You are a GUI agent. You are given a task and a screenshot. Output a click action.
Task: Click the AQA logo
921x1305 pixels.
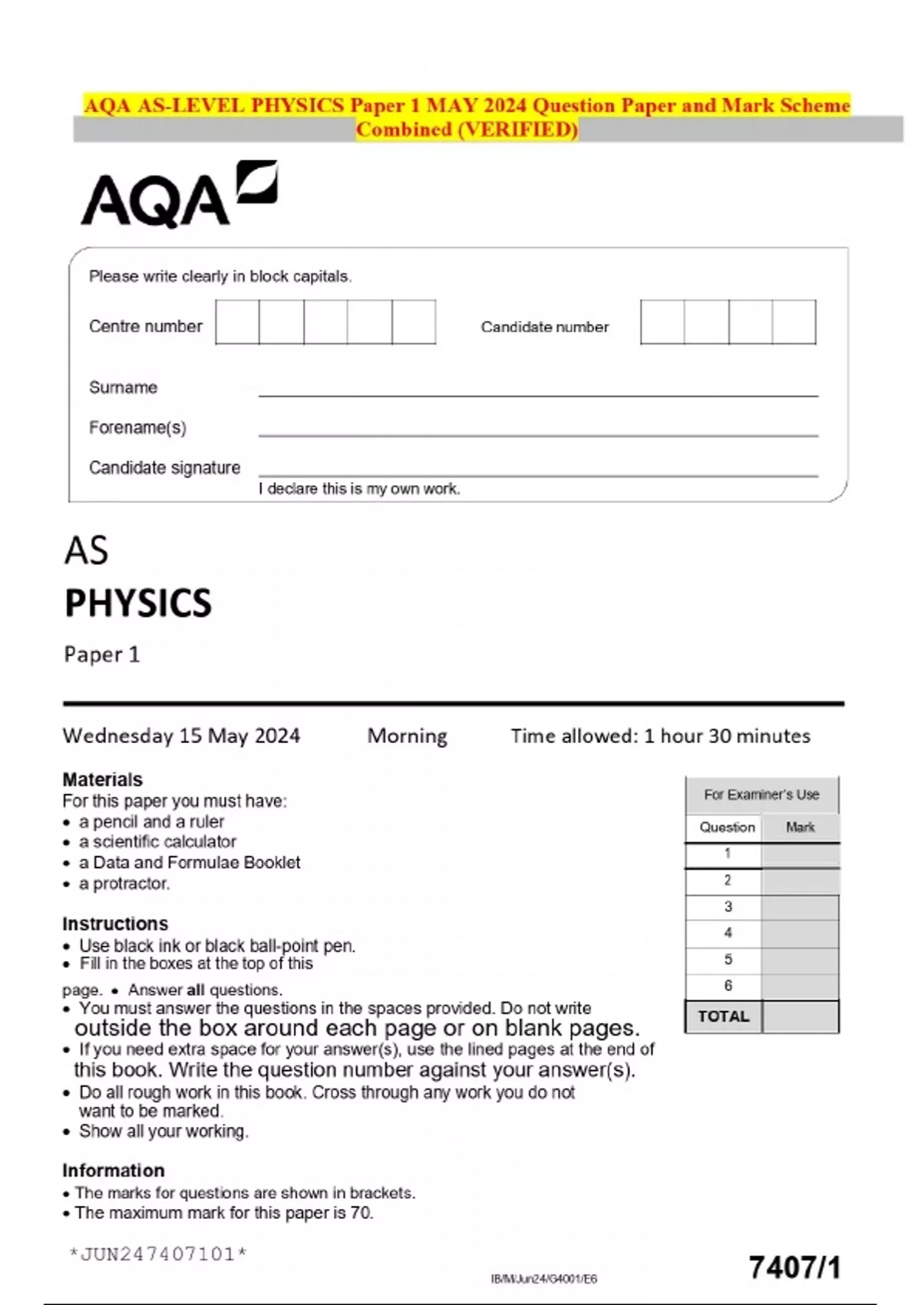(x=178, y=195)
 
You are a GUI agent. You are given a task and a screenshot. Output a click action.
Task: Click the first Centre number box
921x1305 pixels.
(x=237, y=322)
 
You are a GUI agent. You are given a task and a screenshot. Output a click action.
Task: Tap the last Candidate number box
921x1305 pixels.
(x=794, y=322)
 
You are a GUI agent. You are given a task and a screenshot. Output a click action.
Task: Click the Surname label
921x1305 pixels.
(x=123, y=388)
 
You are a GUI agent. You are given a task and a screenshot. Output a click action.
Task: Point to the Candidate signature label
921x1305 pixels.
(x=164, y=467)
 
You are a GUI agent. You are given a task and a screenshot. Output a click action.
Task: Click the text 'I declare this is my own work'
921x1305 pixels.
(x=359, y=489)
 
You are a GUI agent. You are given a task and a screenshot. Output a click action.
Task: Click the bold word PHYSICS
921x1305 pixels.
(x=138, y=603)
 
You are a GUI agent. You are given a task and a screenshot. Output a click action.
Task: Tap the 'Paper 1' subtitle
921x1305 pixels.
(x=101, y=655)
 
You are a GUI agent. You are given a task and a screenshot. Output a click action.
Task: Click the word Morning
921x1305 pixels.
(x=407, y=736)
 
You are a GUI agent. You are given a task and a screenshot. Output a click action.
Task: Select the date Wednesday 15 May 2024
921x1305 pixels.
(x=181, y=736)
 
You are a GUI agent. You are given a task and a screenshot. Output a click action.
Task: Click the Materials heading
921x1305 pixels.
(x=102, y=779)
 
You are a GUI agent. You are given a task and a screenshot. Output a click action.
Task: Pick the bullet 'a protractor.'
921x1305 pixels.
(x=124, y=884)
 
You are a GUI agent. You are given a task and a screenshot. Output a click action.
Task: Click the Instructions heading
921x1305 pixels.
(x=114, y=923)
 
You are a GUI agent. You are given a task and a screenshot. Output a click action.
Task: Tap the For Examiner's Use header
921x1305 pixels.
(x=761, y=795)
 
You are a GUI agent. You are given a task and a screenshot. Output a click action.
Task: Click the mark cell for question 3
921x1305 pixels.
(x=800, y=907)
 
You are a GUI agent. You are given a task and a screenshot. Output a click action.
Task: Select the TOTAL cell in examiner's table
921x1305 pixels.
(x=723, y=1016)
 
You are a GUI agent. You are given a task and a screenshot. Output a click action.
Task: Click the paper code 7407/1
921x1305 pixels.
(x=794, y=1268)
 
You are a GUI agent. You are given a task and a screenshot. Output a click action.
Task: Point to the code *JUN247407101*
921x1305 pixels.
(x=157, y=1254)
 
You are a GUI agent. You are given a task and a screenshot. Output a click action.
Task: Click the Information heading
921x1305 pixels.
(x=113, y=1171)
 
